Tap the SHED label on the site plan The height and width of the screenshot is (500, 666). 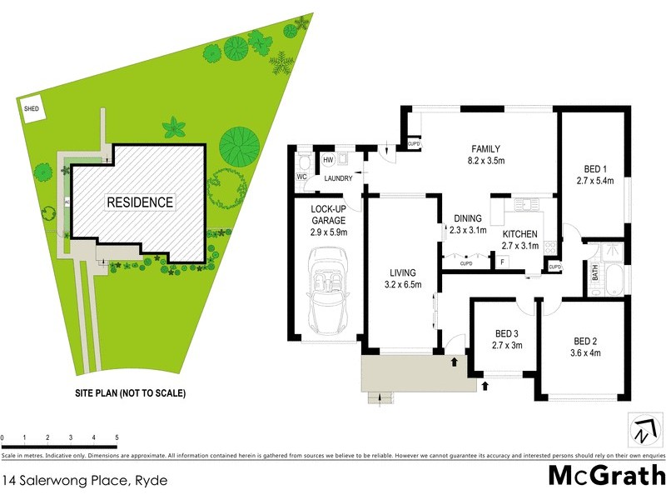coord(32,108)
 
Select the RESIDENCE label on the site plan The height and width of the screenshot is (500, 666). coord(139,202)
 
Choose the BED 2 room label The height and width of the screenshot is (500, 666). coord(587,340)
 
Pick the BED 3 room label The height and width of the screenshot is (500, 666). coord(505,332)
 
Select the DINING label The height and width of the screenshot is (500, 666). coord(468,219)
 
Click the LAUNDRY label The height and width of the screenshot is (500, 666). coord(338,177)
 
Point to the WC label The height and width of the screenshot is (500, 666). coord(301,177)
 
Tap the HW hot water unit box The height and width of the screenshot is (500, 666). coord(328,160)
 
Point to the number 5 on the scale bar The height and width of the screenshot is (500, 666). coord(116,437)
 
